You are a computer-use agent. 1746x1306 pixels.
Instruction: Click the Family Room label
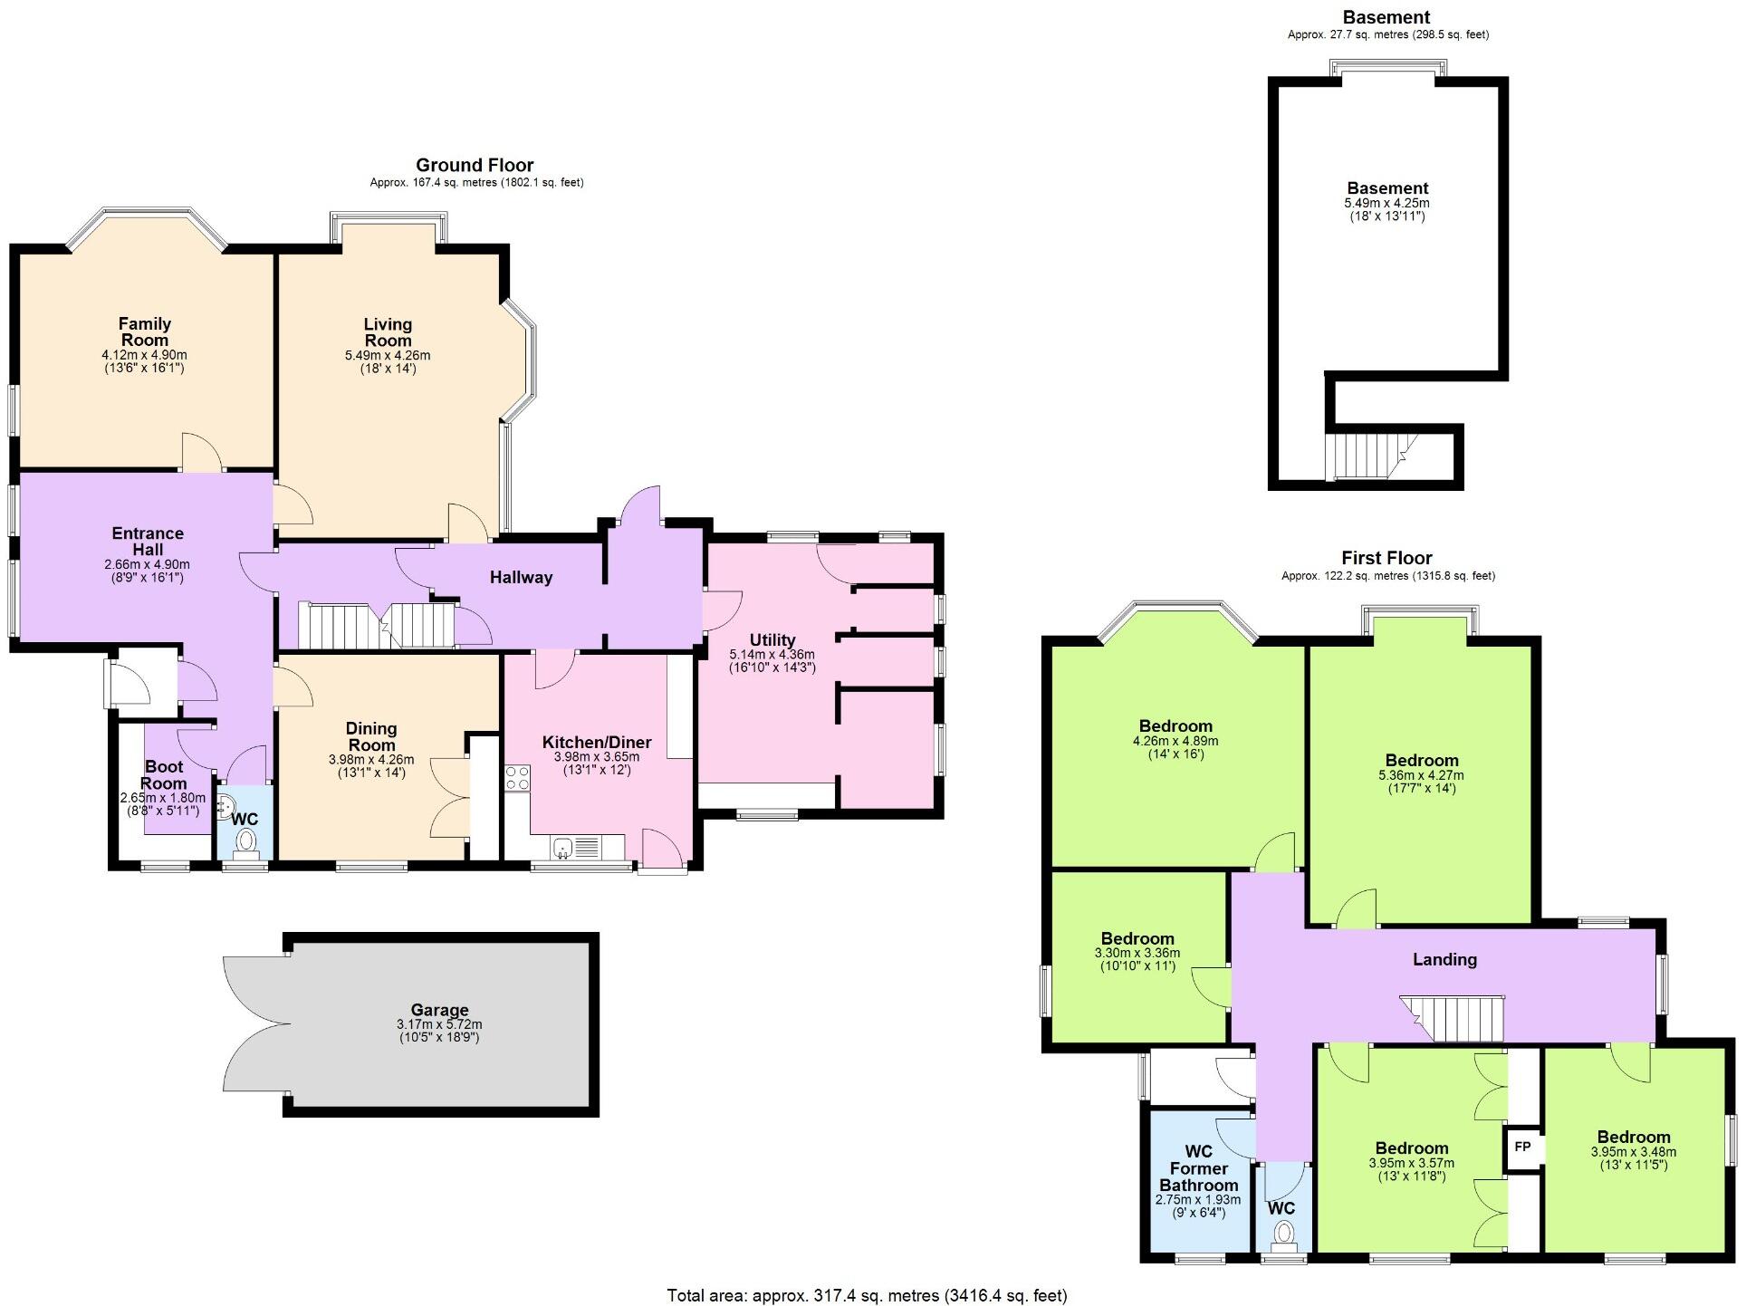point(145,331)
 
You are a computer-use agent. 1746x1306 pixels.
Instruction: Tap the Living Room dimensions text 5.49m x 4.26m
point(388,356)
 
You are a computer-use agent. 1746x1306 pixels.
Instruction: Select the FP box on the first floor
point(1522,1148)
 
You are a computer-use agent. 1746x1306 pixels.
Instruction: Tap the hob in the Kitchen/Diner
point(517,778)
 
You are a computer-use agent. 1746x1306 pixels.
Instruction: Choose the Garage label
point(439,1010)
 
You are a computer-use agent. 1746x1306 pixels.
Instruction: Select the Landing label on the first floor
point(1444,959)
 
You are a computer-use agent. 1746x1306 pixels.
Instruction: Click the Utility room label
point(772,639)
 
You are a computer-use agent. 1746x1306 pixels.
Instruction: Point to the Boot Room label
point(164,775)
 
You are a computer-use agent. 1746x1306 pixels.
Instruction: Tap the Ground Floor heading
point(475,165)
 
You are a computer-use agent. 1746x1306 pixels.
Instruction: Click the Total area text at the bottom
point(867,1295)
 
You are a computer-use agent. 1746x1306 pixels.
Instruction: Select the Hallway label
point(521,577)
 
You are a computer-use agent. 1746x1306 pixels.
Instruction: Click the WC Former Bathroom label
point(1198,1168)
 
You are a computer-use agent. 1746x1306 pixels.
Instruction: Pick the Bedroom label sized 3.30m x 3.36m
point(1137,938)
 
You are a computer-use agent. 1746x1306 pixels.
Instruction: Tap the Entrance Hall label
point(148,541)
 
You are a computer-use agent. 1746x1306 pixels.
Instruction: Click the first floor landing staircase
point(1453,1018)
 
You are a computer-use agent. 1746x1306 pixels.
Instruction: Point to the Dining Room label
point(371,736)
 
